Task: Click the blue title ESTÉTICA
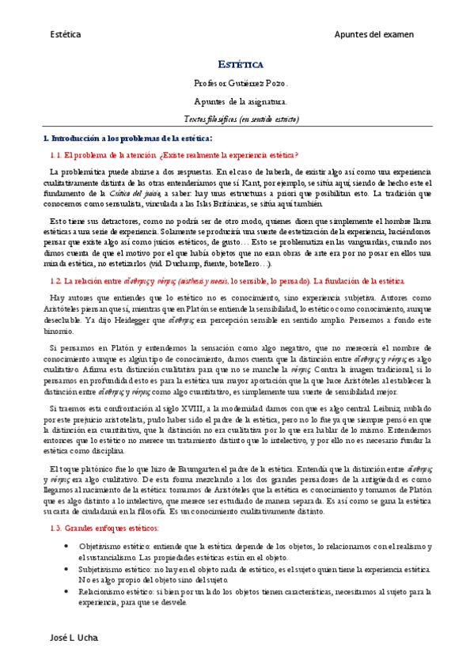point(241,64)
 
